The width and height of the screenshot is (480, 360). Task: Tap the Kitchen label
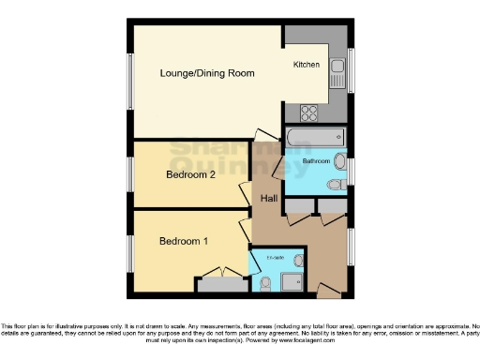point(307,65)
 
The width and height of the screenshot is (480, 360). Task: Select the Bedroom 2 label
point(191,174)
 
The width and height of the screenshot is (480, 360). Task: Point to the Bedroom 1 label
point(184,241)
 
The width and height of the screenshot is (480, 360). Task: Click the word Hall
point(269,199)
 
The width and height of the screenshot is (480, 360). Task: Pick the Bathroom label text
point(316,161)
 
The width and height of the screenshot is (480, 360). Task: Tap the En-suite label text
point(275,258)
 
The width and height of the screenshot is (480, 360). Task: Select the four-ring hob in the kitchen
point(310,112)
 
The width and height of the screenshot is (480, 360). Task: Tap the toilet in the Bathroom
point(336,185)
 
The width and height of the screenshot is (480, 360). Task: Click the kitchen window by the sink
point(351,67)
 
